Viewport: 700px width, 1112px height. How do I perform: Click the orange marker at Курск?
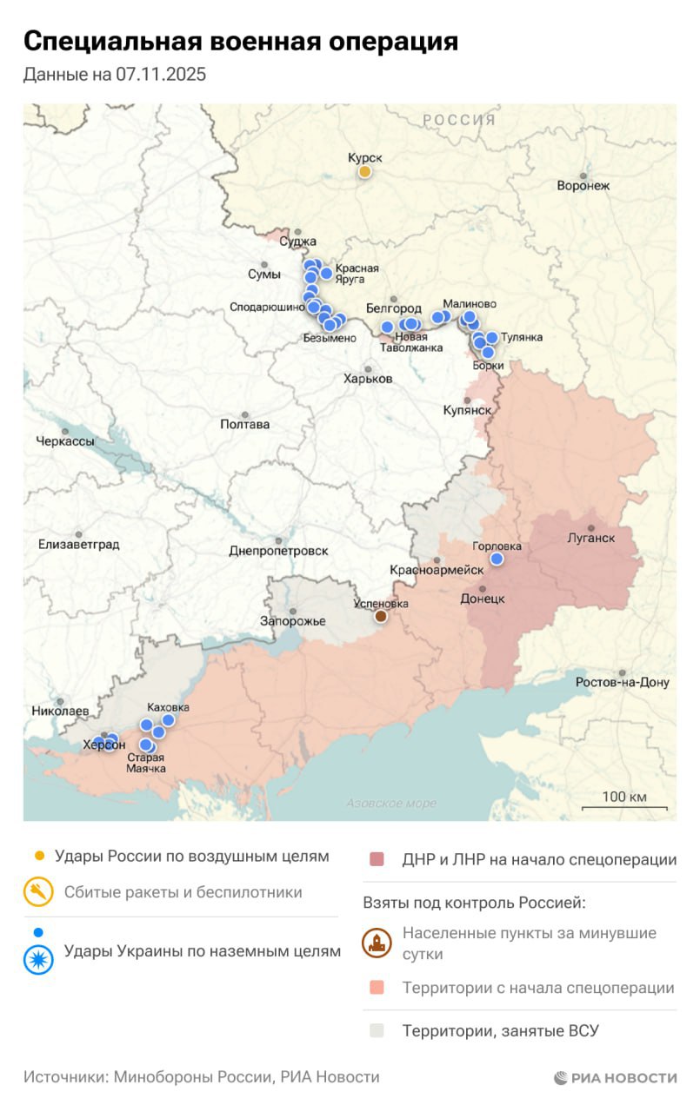[365, 172]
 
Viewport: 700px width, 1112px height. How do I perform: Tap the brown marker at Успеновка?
[380, 616]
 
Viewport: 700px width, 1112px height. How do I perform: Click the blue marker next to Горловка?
[497, 559]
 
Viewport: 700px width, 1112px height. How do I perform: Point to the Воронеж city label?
[583, 185]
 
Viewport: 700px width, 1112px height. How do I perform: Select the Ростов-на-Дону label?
[623, 682]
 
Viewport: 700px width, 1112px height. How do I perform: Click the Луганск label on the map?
[591, 538]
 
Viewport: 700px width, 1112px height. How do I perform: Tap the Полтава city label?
[245, 424]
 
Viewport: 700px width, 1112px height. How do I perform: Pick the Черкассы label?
[65, 440]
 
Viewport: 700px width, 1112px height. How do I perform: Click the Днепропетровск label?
[278, 551]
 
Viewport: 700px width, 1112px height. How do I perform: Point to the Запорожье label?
[293, 621]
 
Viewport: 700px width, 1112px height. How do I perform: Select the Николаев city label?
[60, 711]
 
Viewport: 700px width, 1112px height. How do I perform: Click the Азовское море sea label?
[391, 804]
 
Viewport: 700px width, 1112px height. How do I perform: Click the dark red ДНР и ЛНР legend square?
[376, 859]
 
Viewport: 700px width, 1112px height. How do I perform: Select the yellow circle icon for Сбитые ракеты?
[38, 892]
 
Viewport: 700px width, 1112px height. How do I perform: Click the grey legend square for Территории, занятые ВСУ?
[376, 1031]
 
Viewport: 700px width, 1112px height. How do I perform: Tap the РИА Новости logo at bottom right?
[615, 1078]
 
